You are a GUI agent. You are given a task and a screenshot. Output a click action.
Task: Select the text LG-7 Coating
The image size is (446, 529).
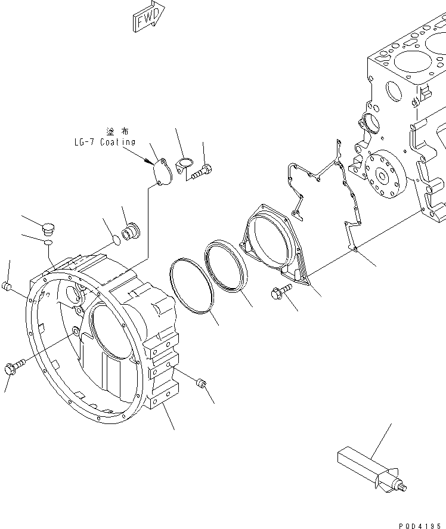[x=101, y=143]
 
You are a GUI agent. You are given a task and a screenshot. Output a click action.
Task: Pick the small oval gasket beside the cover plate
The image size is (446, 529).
[x=185, y=163]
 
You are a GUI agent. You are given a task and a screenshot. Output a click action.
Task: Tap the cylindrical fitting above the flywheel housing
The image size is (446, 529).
[x=130, y=231]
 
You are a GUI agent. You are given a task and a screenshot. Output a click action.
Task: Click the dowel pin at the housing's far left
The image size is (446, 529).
[x=8, y=287]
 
